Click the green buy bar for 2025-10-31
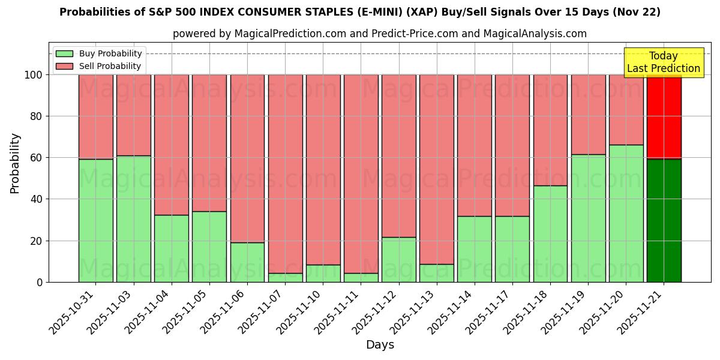(95, 220)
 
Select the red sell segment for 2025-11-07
(285, 174)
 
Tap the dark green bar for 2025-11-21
(664, 220)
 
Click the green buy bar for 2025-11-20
(626, 213)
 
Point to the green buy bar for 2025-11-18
(550, 233)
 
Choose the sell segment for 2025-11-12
(398, 156)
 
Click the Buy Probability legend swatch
(64, 54)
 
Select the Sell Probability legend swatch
(64, 67)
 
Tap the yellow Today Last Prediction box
(664, 62)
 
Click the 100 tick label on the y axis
(33, 75)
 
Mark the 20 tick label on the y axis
(36, 241)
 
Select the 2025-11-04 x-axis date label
(148, 311)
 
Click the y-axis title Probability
(15, 163)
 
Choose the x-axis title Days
(380, 345)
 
